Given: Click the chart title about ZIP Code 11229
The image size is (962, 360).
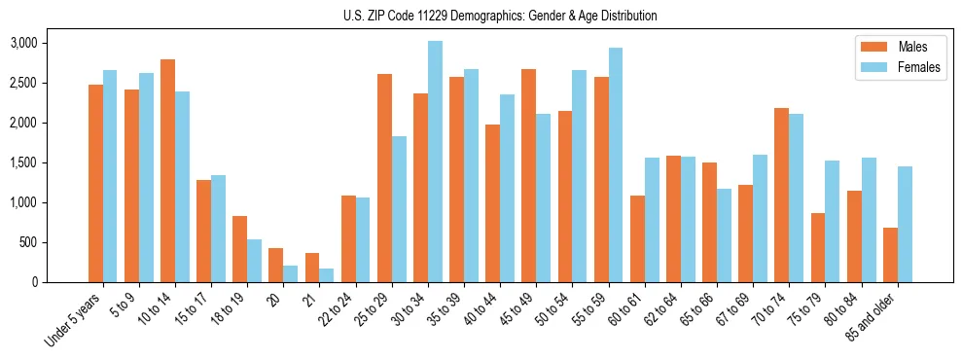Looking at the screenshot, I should tap(500, 16).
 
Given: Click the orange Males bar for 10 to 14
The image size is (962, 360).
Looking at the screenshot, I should tap(167, 171).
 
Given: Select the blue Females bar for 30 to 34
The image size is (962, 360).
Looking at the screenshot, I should tap(435, 162).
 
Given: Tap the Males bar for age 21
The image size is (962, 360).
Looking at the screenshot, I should tap(312, 268).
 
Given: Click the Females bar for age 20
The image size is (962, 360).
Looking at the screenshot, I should tap(290, 273).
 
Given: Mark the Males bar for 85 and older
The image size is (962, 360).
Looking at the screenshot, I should tap(890, 255).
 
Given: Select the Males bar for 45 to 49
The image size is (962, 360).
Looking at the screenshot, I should tap(529, 175).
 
